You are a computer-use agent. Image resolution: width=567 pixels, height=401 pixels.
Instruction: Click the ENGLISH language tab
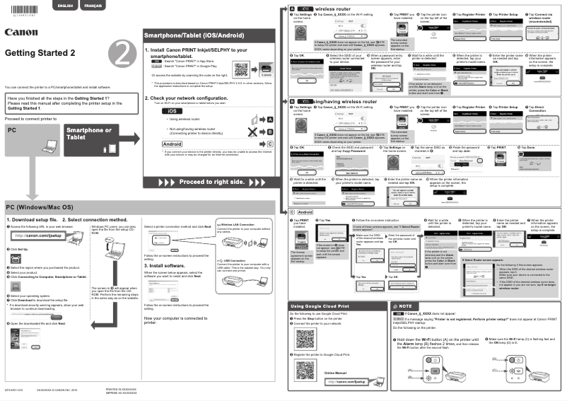click(x=64, y=6)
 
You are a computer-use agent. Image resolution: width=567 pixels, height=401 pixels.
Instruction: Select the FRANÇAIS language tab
click(x=92, y=6)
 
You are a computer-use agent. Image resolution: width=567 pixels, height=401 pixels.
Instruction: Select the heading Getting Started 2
click(x=41, y=53)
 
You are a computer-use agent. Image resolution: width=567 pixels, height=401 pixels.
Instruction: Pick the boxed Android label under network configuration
click(x=173, y=143)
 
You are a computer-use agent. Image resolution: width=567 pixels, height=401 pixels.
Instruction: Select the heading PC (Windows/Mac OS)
click(x=40, y=207)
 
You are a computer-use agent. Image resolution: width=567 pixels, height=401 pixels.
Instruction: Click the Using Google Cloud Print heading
click(x=320, y=305)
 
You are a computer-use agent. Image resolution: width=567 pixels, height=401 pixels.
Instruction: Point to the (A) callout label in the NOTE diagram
click(x=409, y=371)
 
